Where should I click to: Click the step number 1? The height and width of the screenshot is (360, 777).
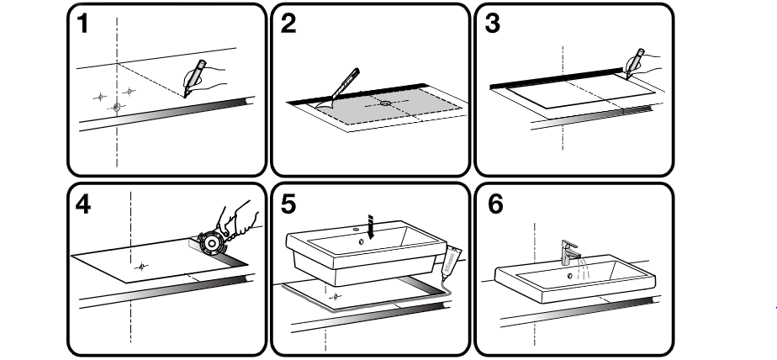point(82,24)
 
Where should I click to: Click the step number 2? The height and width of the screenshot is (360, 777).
point(288,24)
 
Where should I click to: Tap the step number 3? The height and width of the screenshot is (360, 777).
point(492,24)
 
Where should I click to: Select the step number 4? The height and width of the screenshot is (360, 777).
point(82,204)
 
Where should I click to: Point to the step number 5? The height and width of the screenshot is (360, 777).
point(288,204)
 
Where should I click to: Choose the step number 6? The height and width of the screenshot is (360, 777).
point(495,204)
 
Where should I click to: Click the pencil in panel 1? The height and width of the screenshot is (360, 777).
point(195,78)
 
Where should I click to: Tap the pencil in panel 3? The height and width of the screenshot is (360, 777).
point(635,63)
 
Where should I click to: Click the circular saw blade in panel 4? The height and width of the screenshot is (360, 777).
point(212,243)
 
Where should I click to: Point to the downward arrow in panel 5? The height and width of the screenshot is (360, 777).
point(370,226)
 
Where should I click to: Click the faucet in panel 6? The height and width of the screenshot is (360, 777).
point(570,252)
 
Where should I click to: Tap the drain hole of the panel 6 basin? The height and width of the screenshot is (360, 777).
point(570,276)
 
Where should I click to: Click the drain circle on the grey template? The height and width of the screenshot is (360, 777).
point(385,103)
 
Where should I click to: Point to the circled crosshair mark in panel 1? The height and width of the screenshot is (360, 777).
point(116,107)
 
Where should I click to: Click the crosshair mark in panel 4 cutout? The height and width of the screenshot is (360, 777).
point(141,267)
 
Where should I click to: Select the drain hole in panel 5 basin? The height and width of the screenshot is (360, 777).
point(361,241)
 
